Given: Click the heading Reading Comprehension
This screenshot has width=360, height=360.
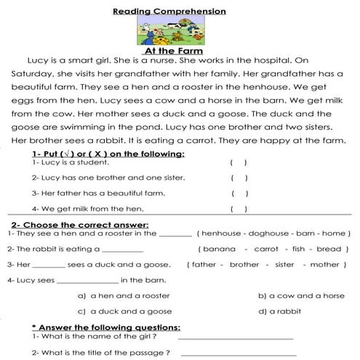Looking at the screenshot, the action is click(179, 11).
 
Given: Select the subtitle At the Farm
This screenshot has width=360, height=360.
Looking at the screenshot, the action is click(178, 52).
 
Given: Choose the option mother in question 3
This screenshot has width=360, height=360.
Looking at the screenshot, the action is click(329, 264).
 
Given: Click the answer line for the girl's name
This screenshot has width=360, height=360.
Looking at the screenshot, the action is click(235, 338).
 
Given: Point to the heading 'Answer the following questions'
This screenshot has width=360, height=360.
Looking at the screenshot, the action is click(106, 327).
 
